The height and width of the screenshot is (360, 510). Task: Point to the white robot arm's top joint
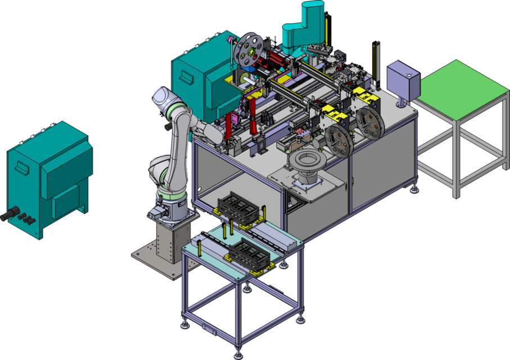(163, 98)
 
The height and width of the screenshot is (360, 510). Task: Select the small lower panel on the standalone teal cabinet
(65, 201)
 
